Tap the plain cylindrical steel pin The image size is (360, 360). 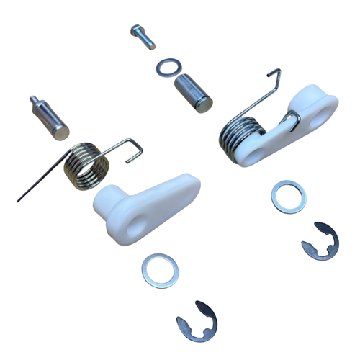click(x=194, y=92)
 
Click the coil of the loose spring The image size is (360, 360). click(x=86, y=166)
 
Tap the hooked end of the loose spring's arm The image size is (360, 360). click(x=137, y=150)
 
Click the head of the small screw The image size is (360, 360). click(x=138, y=30)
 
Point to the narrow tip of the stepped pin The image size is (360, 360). click(x=33, y=98)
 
